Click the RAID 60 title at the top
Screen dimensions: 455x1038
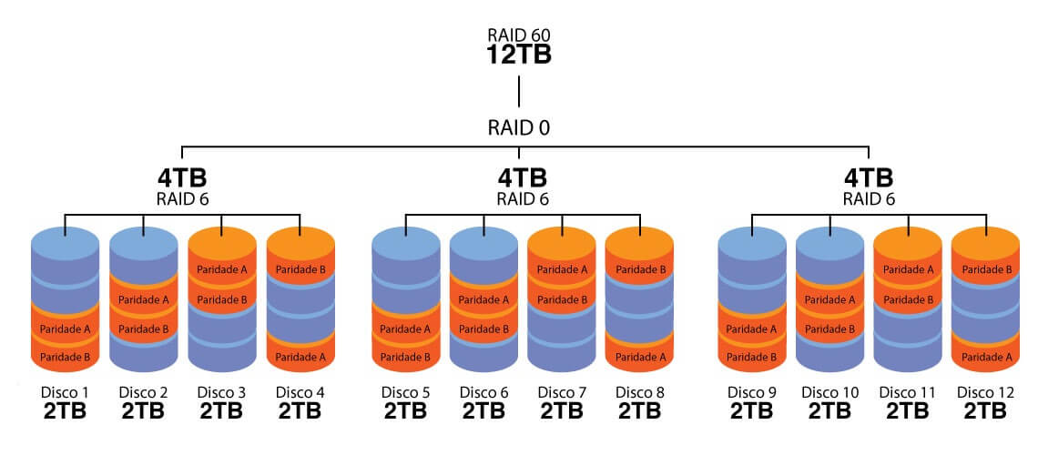point(519,35)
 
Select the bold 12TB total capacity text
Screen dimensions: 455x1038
point(519,55)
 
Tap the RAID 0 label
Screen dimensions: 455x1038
point(519,128)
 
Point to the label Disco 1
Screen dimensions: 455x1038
point(66,392)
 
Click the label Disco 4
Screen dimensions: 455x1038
point(300,392)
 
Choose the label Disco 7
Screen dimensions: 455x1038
point(562,392)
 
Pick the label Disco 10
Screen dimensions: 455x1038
point(829,392)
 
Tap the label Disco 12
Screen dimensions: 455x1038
point(985,392)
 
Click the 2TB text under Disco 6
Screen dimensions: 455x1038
point(483,411)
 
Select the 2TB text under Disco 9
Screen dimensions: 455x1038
point(752,411)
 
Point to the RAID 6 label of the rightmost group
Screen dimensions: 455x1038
point(868,197)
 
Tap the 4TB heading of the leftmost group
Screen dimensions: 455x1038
point(182,177)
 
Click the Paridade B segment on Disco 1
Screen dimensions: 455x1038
point(66,358)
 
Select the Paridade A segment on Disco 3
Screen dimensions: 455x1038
point(222,270)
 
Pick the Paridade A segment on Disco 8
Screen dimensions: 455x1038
point(640,358)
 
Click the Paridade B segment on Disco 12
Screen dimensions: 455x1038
point(985,270)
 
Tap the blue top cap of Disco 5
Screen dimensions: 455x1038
point(405,241)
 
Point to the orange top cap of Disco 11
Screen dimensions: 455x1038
point(907,241)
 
